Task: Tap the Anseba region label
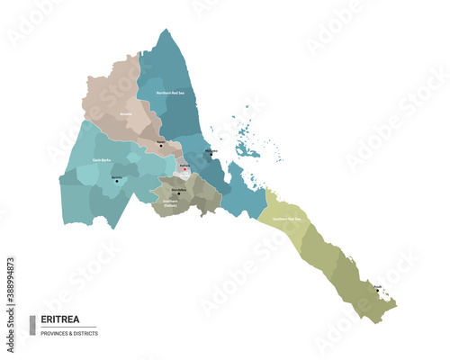tap(126, 114)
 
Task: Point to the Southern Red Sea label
tap(286, 219)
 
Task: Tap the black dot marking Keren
tap(161, 146)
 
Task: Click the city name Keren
tap(160, 141)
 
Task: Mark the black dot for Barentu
tap(116, 181)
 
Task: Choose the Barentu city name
tap(116, 176)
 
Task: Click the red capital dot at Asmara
tap(185, 169)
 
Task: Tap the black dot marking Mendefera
tap(178, 193)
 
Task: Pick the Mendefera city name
tap(178, 189)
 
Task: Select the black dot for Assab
tap(377, 291)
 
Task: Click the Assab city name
tap(377, 286)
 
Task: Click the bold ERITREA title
tap(58, 320)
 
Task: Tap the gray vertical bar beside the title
tap(33, 325)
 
